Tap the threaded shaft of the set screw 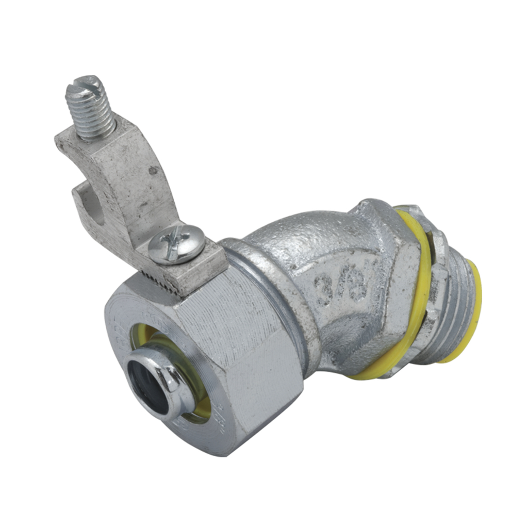tap(95, 113)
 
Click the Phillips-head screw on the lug tap(176, 244)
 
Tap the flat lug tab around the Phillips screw tap(206, 258)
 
